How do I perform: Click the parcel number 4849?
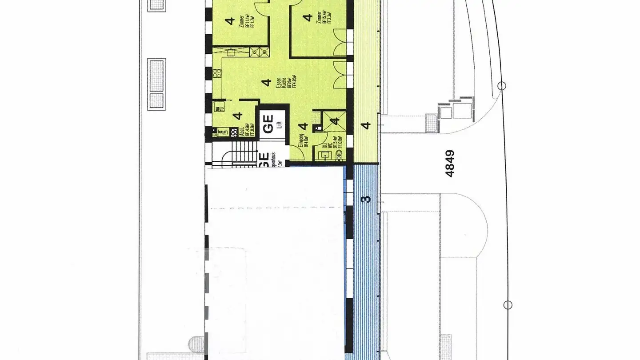pos(450,164)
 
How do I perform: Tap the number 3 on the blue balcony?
pos(366,198)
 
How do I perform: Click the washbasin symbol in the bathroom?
pos(324,155)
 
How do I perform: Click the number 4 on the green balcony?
pos(366,126)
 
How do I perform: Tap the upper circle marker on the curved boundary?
pos(502,86)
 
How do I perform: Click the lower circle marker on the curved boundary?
pos(507,305)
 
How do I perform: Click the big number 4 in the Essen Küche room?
pos(266,82)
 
